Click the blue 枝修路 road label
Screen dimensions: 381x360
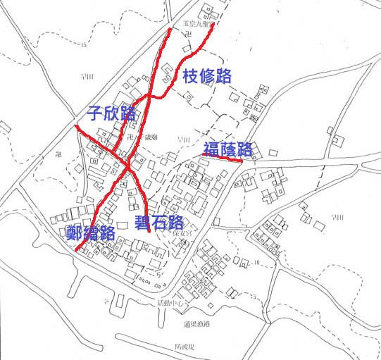click(207, 77)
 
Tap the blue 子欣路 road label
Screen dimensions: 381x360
click(111, 113)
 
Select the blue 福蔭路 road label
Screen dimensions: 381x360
click(227, 149)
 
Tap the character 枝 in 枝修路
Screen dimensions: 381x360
click(191, 77)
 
